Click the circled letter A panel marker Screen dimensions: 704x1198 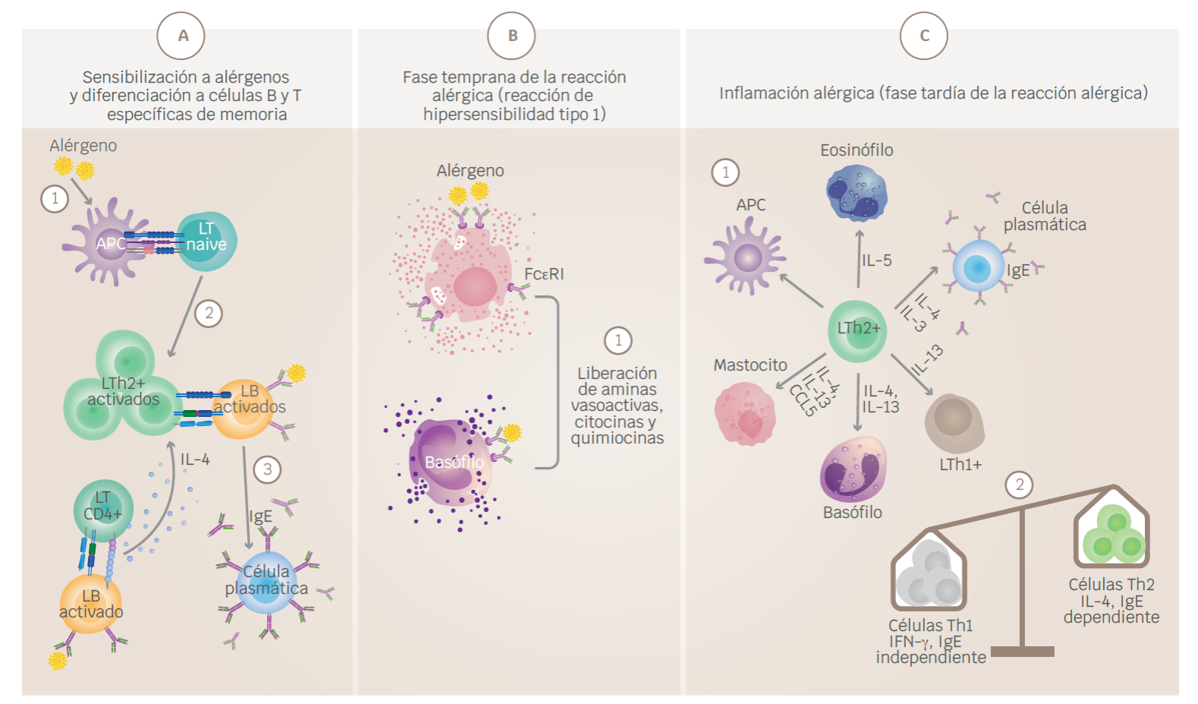pos(181,36)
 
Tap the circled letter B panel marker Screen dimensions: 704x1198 pos(511,36)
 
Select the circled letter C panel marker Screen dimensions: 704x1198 pos(923,36)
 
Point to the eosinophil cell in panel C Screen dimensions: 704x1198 pos(857,193)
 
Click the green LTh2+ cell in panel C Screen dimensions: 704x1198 pos(857,330)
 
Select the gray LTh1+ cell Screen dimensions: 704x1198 pos(954,421)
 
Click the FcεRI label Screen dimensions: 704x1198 pos(544,274)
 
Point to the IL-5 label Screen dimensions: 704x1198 pos(876,260)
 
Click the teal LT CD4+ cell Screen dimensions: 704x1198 pos(103,509)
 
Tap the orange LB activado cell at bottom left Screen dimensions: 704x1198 pos(90,604)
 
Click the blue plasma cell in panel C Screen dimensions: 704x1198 pos(977,267)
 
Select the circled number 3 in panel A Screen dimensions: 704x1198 pos(267,469)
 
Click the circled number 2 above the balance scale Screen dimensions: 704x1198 pos(1019,485)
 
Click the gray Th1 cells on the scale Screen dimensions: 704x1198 pos(929,577)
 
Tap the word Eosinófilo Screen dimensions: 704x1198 pos(857,150)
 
